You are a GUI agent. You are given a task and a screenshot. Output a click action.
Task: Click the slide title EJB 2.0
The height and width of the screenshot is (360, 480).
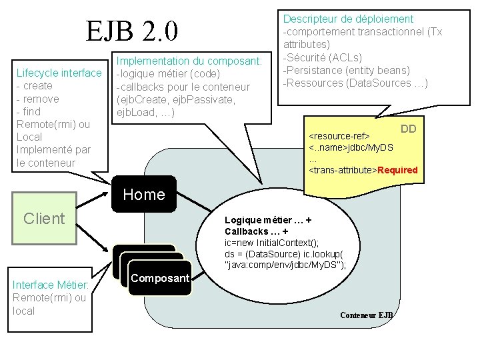[x=131, y=30]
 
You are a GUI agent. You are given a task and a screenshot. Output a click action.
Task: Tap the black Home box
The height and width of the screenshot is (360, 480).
[x=144, y=194]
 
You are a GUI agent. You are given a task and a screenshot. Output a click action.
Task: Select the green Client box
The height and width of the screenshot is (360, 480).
[x=44, y=218]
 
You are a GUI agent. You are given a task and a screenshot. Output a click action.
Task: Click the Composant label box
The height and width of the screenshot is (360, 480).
[x=160, y=278]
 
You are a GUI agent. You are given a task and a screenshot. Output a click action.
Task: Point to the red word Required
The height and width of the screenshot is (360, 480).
[x=397, y=170]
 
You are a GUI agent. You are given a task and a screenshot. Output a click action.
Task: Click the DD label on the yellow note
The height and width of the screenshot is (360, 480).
[x=409, y=129]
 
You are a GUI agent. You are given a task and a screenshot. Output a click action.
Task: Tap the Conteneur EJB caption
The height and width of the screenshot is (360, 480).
[x=367, y=315]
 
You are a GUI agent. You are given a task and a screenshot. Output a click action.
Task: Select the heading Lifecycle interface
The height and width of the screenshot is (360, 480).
[x=59, y=73]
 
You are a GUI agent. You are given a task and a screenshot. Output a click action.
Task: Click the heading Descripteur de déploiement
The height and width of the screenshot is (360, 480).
[x=349, y=19]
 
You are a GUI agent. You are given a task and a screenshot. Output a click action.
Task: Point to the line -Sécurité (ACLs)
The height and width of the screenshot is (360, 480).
[x=323, y=57]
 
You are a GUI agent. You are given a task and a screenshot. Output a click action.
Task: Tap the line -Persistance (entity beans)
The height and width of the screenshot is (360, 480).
[x=347, y=70]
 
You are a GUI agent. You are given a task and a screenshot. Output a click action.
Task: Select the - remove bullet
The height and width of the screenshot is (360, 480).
[x=38, y=98]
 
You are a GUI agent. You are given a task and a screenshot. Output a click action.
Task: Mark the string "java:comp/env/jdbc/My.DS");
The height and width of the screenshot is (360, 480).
[x=286, y=265]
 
